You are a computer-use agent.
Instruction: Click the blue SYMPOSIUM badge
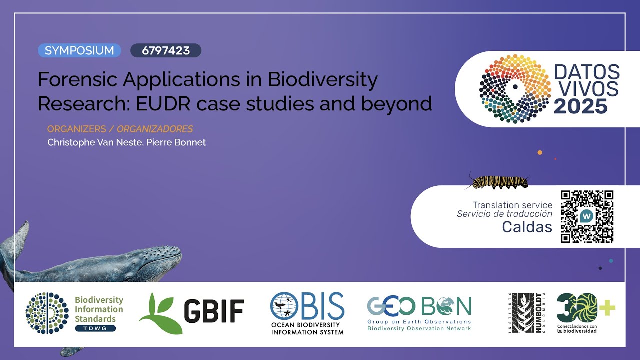coord(79,50)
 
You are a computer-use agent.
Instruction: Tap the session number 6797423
coord(165,50)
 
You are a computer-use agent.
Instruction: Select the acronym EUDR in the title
coord(163,103)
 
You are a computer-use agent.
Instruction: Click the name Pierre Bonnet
coord(176,142)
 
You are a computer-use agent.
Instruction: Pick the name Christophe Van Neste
coord(93,142)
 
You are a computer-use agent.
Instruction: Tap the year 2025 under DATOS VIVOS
coord(580,106)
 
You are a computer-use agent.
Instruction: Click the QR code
coord(587,216)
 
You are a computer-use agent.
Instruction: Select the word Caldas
coord(527,227)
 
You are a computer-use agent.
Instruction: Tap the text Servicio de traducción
coord(504,214)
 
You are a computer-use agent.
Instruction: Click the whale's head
coord(160,258)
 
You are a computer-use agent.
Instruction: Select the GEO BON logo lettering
coord(419,305)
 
